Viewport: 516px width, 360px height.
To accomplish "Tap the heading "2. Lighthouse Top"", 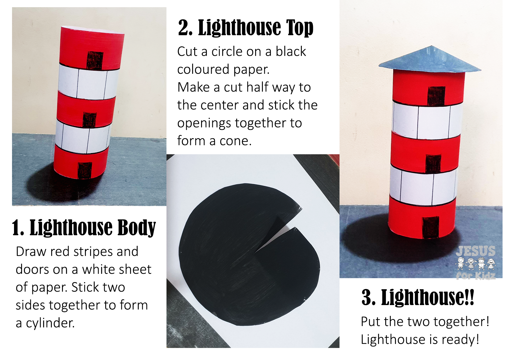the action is point(245,28).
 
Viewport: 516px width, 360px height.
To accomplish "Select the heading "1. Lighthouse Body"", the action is point(84,228).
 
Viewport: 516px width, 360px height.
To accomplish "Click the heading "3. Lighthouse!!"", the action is point(418,297).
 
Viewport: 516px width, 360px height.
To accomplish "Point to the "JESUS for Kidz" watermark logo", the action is point(475,262).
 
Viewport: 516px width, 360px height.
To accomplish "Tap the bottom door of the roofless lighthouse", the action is point(85,171).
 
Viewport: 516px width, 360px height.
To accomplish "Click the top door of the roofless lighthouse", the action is point(95,60).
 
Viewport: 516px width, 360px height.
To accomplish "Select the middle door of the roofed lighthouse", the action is point(433,164).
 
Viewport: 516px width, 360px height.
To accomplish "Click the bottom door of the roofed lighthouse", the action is point(431,227).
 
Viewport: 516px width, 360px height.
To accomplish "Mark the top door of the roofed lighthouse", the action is point(436,96).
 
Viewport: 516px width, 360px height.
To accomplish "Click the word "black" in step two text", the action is point(291,52).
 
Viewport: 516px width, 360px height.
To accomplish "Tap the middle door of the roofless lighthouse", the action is point(90,120).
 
